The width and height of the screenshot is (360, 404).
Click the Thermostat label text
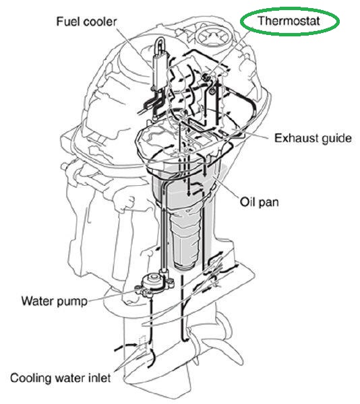click(289, 21)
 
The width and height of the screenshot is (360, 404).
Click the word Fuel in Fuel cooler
click(67, 22)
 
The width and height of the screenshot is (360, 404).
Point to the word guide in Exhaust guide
click(333, 139)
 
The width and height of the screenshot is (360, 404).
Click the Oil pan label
click(259, 202)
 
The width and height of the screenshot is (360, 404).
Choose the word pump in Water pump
click(71, 302)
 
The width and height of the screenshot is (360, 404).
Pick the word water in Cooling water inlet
click(69, 378)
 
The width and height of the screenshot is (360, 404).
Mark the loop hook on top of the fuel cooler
click(160, 45)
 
